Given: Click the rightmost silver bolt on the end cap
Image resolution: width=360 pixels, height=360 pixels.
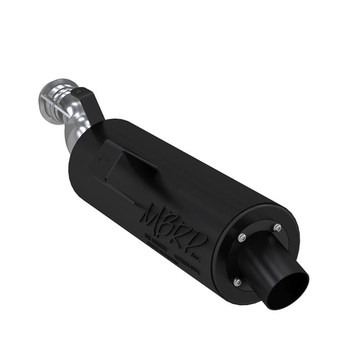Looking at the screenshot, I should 277,228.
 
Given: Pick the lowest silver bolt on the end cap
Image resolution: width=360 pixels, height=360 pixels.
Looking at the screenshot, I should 236,281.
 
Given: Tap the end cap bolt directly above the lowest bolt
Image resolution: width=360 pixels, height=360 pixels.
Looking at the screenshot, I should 242,238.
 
